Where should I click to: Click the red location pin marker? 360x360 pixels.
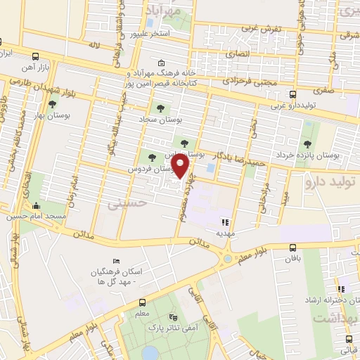pyautogui.click(x=181, y=167)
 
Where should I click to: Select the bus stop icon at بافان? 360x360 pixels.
pyautogui.click(x=293, y=247)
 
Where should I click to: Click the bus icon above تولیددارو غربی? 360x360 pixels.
pyautogui.click(x=292, y=94)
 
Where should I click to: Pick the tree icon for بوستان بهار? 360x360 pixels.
pyautogui.click(x=52, y=104)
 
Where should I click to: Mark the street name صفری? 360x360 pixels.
pyautogui.click(x=324, y=90)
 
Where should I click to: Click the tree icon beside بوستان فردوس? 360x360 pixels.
pyautogui.click(x=150, y=156)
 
